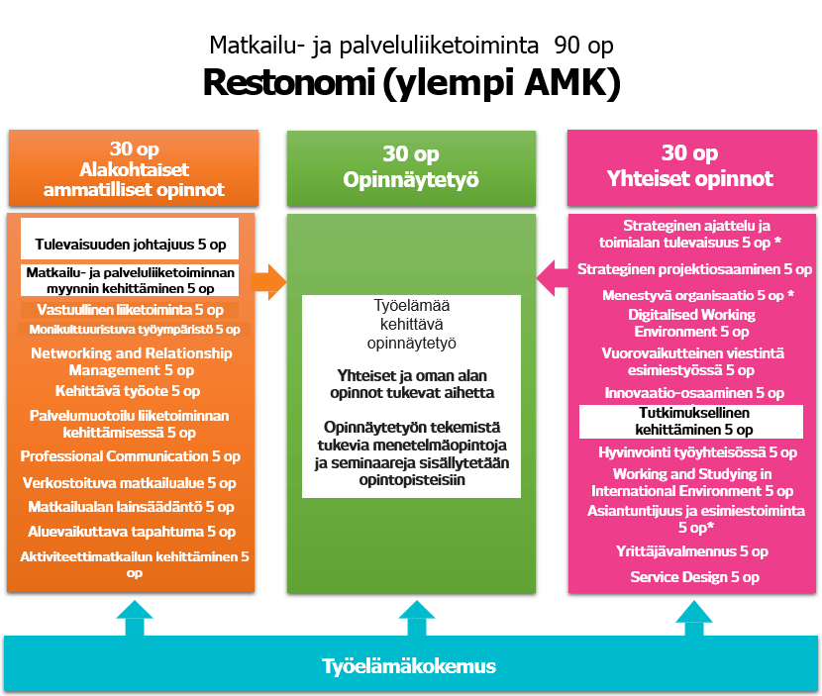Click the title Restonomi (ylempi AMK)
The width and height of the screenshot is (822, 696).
pos(411,83)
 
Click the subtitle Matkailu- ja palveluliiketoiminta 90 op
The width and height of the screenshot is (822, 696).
pos(410,46)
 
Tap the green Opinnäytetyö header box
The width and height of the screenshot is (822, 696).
pos(411,167)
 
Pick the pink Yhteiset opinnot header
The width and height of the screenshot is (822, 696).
pos(689,167)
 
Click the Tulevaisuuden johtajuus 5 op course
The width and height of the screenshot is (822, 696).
pos(130,243)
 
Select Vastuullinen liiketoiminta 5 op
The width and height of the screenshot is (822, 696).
pos(130,310)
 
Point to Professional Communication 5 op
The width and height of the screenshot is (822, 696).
pos(130,456)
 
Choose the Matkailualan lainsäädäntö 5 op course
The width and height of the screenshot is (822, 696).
pos(131,507)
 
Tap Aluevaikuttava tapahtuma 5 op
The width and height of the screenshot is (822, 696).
pos(131,532)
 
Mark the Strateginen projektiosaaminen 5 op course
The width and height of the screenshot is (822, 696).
pos(694,268)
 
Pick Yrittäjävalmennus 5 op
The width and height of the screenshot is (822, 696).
pos(694,551)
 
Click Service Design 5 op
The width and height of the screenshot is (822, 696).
pos(694,576)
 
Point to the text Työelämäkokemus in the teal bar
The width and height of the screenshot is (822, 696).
pos(410,665)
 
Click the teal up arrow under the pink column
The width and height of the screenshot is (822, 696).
pos(695,619)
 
